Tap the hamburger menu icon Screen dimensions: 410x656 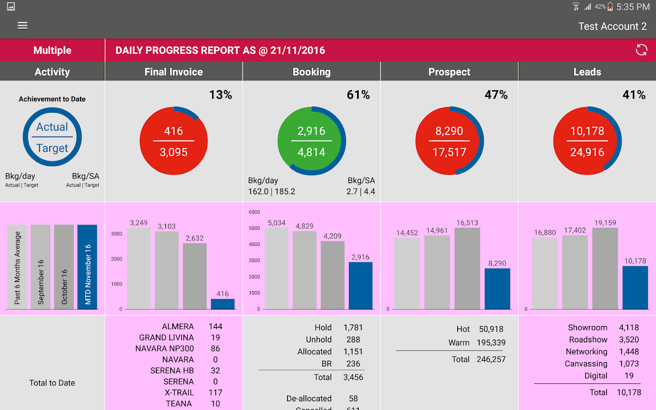click(x=23, y=26)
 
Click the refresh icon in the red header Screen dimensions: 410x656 click(x=641, y=50)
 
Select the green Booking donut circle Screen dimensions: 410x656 click(x=312, y=141)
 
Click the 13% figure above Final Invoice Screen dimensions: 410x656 click(x=220, y=95)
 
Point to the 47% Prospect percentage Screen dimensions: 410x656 click(x=496, y=95)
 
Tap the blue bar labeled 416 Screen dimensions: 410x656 click(x=222, y=304)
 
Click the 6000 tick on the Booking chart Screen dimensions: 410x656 click(x=255, y=212)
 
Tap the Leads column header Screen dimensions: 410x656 click(x=587, y=72)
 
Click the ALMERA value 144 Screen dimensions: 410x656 click(x=215, y=326)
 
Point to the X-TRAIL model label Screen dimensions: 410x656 click(x=179, y=393)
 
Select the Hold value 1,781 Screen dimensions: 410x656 click(x=353, y=327)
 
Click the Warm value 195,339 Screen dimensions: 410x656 click(x=491, y=343)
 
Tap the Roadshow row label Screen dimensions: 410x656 click(x=588, y=340)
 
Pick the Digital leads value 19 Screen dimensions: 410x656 click(x=629, y=376)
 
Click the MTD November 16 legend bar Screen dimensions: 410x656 click(x=87, y=266)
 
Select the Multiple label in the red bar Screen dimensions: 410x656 click(x=52, y=50)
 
